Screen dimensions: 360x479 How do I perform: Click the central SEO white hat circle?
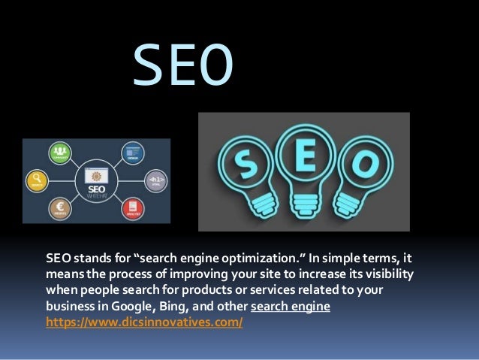pos(96,181)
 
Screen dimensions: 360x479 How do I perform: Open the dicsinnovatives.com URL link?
pos(144,322)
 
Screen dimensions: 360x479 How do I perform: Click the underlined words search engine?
pos(291,308)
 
